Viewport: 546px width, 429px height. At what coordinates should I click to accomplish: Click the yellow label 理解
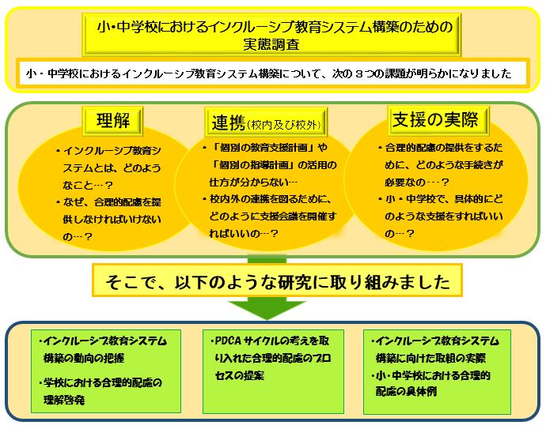tap(113, 121)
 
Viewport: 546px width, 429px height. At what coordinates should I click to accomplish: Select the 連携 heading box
tap(267, 122)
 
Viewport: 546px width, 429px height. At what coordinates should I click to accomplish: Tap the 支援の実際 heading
tap(438, 120)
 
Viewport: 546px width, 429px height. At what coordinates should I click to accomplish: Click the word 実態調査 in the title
tap(271, 45)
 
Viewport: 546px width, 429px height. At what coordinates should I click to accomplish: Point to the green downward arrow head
tap(267, 310)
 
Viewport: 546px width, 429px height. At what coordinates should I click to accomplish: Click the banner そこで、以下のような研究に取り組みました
tap(277, 280)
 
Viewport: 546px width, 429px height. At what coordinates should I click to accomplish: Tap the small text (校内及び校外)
tap(284, 125)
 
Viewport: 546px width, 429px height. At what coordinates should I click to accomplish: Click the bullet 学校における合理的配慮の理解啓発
tap(100, 391)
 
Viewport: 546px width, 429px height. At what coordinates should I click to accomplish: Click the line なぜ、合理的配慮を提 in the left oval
tap(110, 202)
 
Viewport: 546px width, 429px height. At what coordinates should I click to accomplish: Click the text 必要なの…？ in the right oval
tap(417, 182)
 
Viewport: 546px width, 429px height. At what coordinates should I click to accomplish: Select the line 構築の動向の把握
tap(84, 358)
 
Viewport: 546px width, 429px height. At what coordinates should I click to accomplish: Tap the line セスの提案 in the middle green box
tap(240, 375)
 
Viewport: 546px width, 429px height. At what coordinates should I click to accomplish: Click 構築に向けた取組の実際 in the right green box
tap(430, 358)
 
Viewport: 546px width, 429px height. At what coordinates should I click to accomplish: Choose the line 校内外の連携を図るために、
tap(268, 199)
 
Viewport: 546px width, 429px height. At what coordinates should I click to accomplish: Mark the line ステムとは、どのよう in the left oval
tap(112, 168)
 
